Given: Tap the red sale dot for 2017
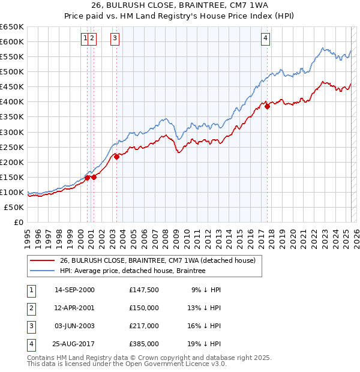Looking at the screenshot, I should pos(268,106).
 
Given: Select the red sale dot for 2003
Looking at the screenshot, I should pos(117,157).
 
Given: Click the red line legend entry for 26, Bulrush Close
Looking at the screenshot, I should pos(158,260).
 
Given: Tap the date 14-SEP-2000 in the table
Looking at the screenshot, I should pos(74,290).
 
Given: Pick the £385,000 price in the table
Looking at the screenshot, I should pos(144,344).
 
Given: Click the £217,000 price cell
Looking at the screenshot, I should pos(144,326).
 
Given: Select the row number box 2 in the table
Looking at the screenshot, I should pos(31,308).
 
